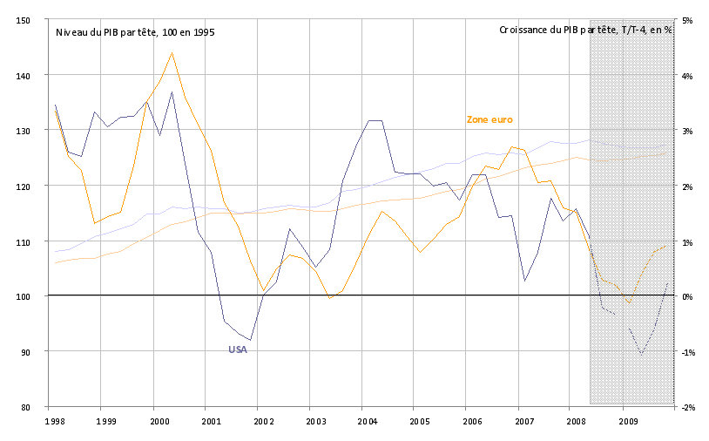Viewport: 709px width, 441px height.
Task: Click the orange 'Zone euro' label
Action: coord(490,119)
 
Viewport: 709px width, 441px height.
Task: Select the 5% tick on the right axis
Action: coord(686,20)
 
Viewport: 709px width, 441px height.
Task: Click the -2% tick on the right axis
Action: coord(686,407)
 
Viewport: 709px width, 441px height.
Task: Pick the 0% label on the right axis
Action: coord(686,296)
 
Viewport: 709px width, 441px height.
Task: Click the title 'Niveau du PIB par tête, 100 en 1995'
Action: coord(135,31)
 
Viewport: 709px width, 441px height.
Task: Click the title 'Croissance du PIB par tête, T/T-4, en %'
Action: coord(585,30)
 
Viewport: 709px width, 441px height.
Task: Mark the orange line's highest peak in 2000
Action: coord(172,52)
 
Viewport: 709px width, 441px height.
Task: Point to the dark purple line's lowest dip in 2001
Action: coord(251,340)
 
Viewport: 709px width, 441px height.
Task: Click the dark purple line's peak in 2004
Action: coord(375,120)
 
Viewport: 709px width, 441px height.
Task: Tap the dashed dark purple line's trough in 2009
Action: coord(642,354)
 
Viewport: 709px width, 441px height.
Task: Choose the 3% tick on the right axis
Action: coord(686,131)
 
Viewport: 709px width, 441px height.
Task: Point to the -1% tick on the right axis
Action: coord(686,352)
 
